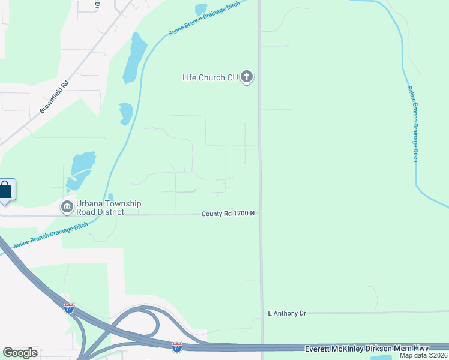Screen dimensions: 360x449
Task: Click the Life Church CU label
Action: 210,77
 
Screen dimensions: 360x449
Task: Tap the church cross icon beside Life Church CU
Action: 246,77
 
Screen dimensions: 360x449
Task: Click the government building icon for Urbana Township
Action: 67,208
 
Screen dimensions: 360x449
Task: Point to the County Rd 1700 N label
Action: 228,214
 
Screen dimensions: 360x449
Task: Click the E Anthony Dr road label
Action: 287,313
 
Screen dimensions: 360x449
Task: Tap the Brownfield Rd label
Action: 55,97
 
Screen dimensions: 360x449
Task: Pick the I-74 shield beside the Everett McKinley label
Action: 176,347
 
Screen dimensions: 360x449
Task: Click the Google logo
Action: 20,353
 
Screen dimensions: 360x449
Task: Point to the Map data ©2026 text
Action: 424,355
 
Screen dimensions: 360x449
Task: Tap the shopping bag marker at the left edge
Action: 5,191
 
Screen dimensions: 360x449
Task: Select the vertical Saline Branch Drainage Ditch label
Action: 412,123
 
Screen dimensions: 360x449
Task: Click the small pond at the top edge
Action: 200,10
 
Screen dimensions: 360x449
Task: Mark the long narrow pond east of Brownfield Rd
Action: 134,58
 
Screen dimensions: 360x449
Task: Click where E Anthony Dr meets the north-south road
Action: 262,313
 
